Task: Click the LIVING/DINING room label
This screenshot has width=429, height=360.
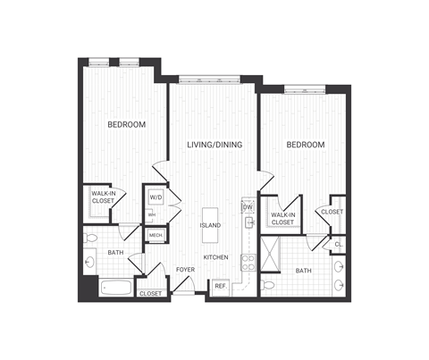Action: [x=214, y=145]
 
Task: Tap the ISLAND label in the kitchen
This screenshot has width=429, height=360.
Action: [x=211, y=225]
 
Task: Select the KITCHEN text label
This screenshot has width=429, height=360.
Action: [x=215, y=257]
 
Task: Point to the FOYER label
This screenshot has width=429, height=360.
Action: [x=185, y=269]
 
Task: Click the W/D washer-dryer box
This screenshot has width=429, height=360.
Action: [x=156, y=197]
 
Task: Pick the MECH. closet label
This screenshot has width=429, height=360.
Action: [x=156, y=235]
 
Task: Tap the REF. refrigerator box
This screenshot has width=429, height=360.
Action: [x=220, y=286]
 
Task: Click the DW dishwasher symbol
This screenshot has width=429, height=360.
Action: [x=248, y=207]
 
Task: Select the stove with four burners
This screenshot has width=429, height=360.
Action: [x=248, y=262]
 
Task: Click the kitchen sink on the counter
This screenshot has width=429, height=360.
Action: [x=249, y=222]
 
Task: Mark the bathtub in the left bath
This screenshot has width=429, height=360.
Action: [x=114, y=288]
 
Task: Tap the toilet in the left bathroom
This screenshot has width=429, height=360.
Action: [x=91, y=239]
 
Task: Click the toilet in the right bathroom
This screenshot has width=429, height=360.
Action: [x=268, y=286]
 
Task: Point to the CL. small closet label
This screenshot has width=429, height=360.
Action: [x=339, y=244]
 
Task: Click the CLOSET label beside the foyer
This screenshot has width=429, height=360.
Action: [x=151, y=293]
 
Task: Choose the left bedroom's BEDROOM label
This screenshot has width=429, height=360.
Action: [x=126, y=124]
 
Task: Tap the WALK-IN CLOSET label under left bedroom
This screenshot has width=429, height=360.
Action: [x=103, y=201]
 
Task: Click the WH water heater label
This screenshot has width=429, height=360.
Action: [x=152, y=214]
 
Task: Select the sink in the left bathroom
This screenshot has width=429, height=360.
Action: [x=90, y=263]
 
